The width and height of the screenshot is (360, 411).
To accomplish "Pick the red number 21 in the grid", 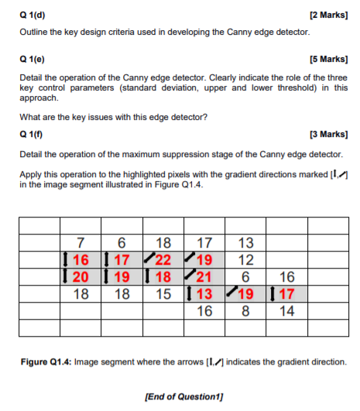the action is tap(205, 277).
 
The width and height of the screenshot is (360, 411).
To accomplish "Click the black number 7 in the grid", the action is tap(81, 241).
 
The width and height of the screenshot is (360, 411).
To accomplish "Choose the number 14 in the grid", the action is tap(286, 311).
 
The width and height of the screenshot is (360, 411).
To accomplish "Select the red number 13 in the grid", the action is tap(205, 294).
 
